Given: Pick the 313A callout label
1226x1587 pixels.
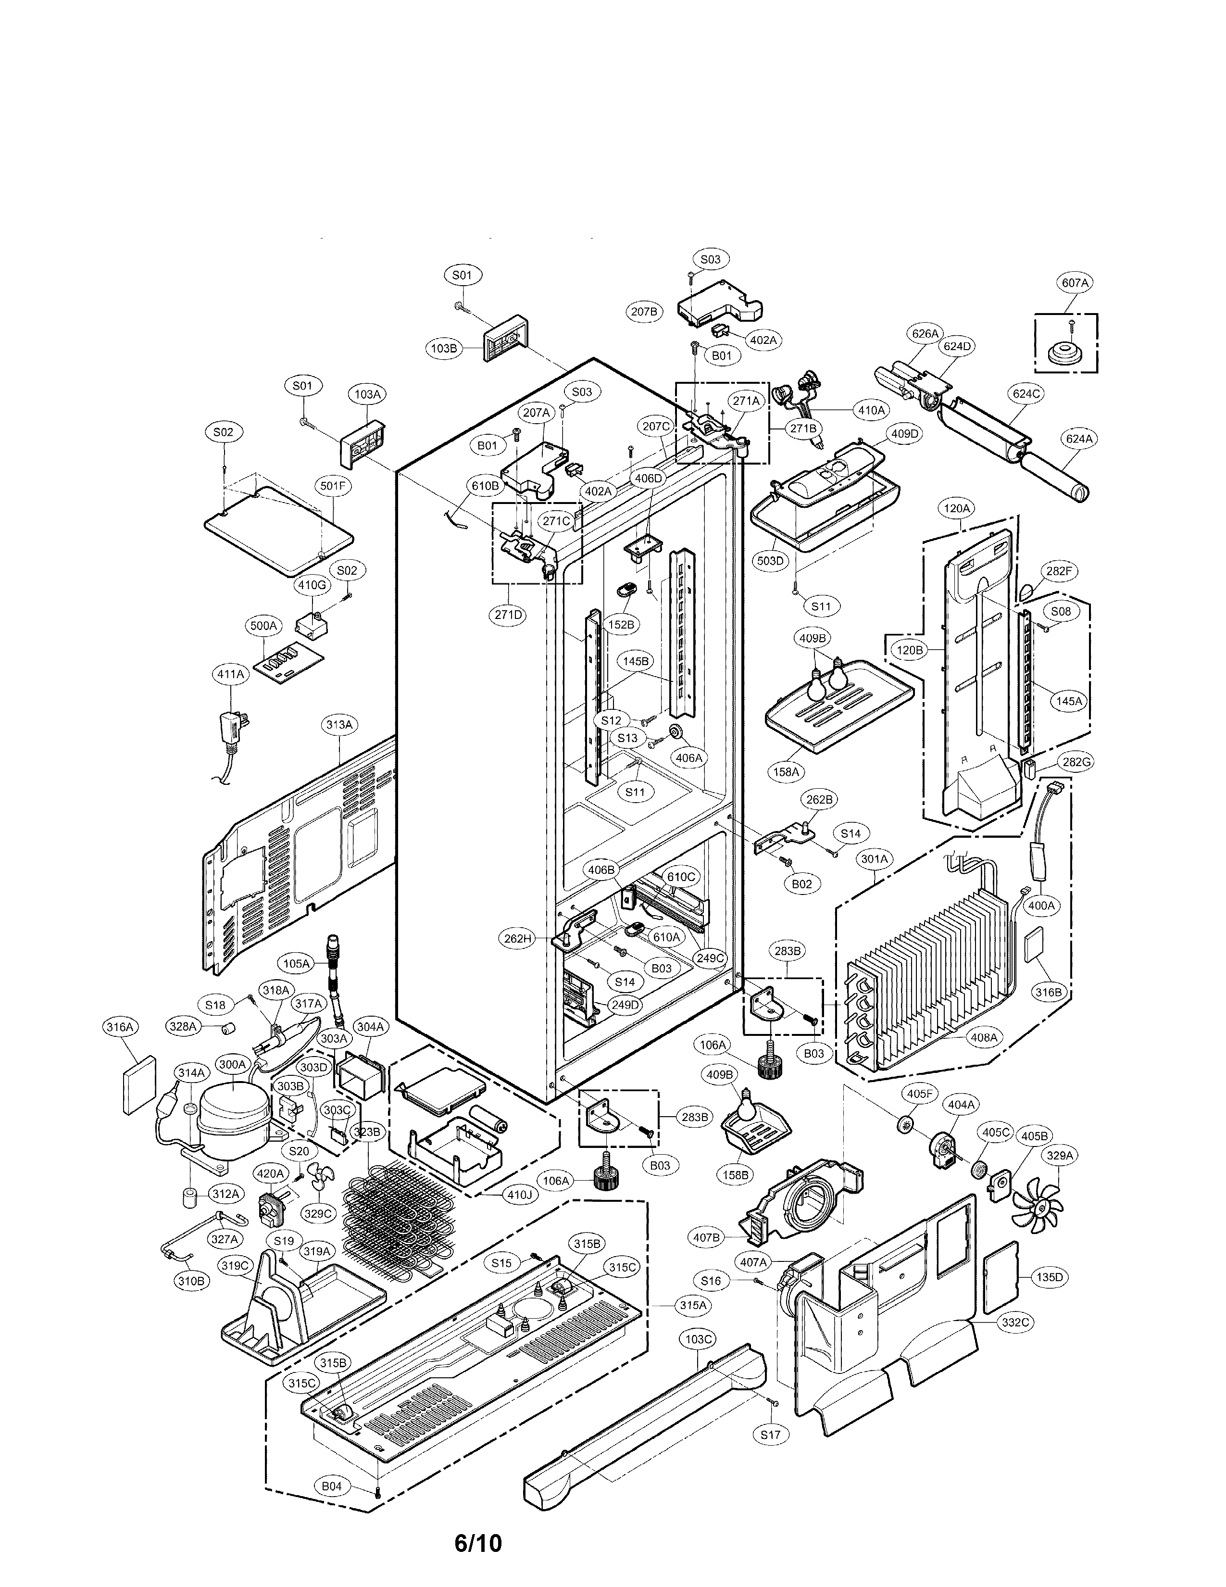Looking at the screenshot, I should pos(339,724).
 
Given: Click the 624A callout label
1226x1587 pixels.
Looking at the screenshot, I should pos(1079,439).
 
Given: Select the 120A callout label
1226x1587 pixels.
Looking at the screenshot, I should pos(957,509).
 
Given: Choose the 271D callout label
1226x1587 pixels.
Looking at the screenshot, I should pos(508,614).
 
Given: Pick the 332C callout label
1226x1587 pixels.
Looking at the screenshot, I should pos(1015,1322).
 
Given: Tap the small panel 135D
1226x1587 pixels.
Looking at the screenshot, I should pos(1000,1275).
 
